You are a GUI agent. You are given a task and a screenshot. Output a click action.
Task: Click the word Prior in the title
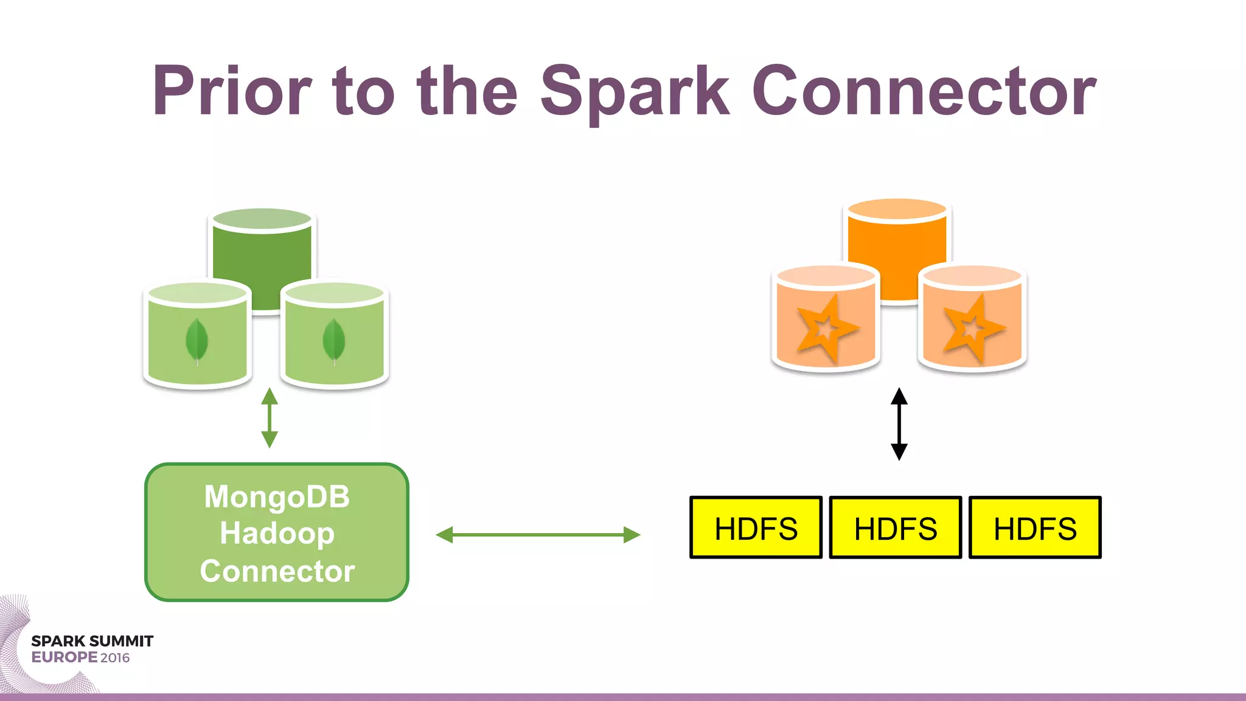point(232,91)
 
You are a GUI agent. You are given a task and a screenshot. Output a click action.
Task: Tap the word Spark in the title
point(635,91)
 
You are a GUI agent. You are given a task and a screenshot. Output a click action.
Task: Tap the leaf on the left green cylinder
point(197,342)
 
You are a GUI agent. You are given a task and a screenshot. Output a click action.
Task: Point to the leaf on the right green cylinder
point(334,342)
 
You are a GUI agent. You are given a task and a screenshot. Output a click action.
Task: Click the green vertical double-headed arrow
point(270,418)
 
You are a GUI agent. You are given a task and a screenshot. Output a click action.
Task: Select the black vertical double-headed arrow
point(899,424)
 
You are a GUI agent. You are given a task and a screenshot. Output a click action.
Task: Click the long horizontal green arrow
point(538,535)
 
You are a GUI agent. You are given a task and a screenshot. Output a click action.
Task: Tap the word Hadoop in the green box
point(277,534)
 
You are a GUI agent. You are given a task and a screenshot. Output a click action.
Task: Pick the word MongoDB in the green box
point(277,497)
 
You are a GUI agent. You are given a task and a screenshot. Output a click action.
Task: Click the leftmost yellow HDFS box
point(756,528)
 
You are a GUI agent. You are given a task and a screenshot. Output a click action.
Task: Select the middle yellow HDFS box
point(895,528)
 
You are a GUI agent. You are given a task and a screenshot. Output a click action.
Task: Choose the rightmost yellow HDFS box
point(1035,528)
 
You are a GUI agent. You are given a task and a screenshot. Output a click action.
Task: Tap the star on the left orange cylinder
point(826,329)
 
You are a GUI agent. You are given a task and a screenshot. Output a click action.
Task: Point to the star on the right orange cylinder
point(972,329)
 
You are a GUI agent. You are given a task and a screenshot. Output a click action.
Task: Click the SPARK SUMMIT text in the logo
point(92,641)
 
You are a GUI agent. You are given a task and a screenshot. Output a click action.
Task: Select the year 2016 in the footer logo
point(115,658)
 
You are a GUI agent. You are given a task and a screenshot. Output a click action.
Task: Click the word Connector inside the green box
point(277,571)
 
